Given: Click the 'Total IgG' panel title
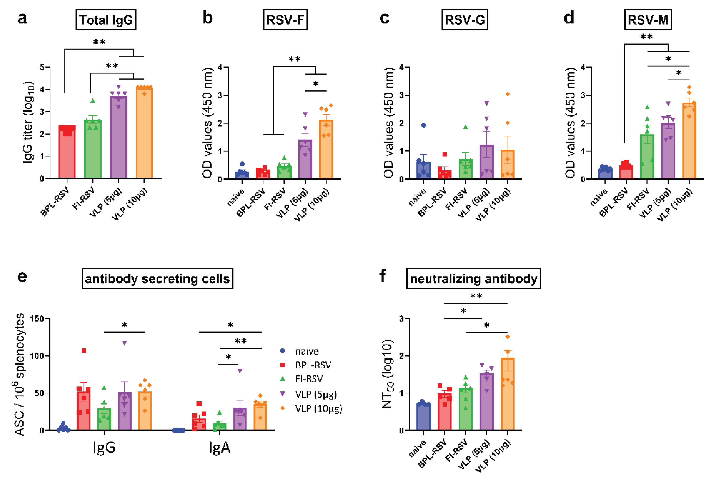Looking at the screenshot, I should [106, 20].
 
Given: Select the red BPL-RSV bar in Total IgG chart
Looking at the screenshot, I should [67, 153].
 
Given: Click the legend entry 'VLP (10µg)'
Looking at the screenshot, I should [319, 409].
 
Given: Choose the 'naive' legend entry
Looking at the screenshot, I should [307, 352].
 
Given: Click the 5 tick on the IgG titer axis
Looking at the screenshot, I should [42, 67].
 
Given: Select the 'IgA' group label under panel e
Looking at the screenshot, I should [219, 448].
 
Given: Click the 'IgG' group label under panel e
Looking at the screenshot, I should [104, 448].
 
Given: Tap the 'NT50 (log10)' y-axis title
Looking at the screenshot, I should [387, 374].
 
